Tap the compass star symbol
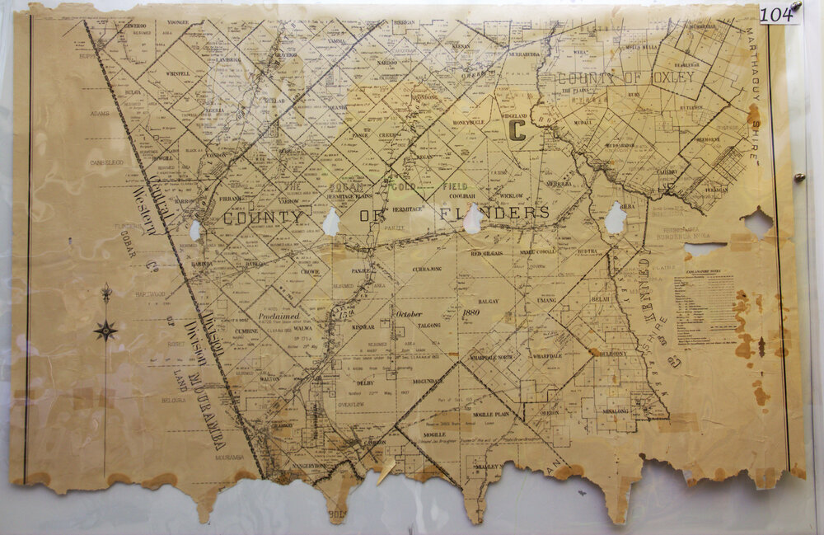[105, 331]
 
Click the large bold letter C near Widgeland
[517, 130]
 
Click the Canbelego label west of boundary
[107, 162]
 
